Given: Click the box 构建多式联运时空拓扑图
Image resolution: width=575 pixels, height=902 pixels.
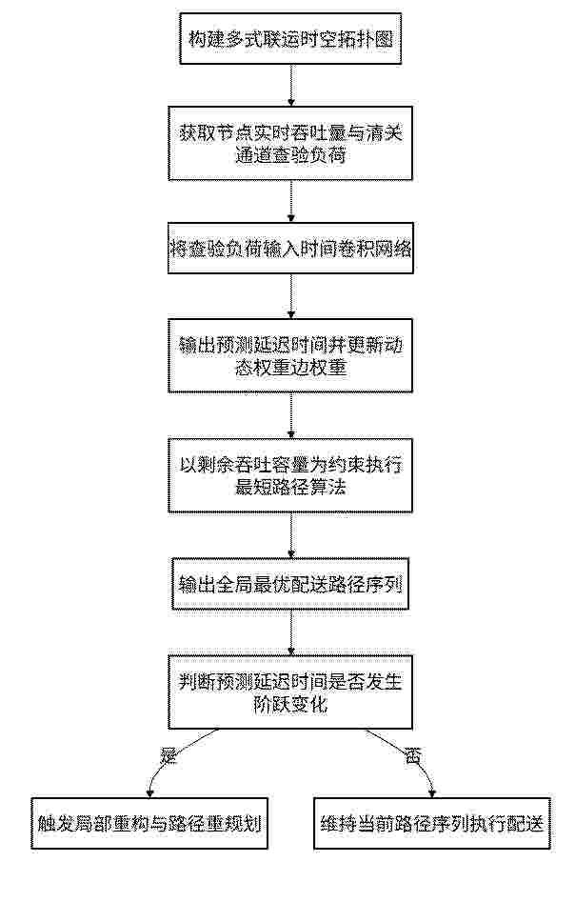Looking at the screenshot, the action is (289, 38).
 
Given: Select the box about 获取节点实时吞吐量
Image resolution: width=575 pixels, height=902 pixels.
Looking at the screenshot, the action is (289, 143).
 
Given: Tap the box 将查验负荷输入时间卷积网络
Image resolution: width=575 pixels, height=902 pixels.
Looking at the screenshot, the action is (290, 248).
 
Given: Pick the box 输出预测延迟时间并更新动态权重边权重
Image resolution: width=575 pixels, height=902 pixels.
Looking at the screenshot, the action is (289, 355).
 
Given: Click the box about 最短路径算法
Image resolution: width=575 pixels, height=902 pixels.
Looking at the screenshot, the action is (289, 475).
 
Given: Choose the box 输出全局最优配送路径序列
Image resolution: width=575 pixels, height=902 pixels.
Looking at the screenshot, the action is (289, 583).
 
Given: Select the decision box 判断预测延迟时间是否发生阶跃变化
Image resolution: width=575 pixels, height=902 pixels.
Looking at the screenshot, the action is (289, 692).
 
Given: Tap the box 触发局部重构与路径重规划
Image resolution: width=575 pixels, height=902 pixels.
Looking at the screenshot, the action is (149, 823).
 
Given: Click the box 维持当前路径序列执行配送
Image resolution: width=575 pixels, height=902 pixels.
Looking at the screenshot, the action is (432, 823).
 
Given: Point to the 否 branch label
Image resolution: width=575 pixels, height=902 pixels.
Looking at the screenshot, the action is (411, 755).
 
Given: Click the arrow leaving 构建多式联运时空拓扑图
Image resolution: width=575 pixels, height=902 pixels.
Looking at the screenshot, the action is (291, 85).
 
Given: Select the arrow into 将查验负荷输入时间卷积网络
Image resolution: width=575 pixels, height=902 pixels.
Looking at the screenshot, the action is (291, 201).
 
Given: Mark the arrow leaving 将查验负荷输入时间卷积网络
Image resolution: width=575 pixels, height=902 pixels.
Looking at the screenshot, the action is (291, 295).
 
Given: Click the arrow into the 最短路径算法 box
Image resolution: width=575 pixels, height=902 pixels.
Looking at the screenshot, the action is (291, 415).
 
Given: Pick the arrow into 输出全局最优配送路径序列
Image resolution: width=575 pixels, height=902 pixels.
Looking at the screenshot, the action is (291, 535).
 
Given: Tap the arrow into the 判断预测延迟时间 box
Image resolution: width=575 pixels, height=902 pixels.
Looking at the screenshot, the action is (291, 631).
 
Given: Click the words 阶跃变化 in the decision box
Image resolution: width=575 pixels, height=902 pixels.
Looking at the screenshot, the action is (289, 704).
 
